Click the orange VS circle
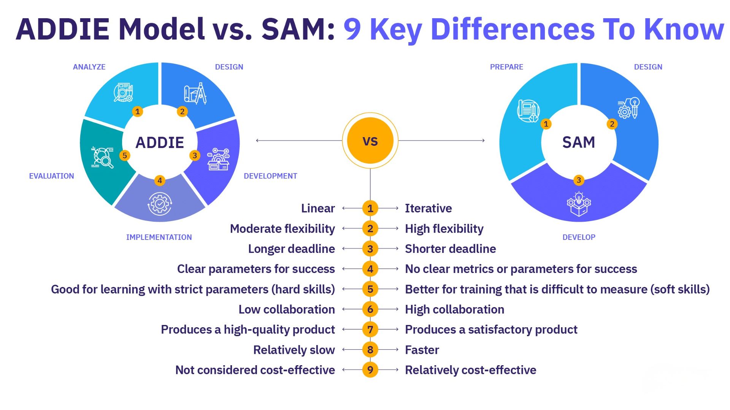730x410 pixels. pyautogui.click(x=370, y=141)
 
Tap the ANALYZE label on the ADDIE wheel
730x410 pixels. pyautogui.click(x=89, y=67)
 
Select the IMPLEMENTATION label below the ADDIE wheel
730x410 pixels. pyautogui.click(x=159, y=237)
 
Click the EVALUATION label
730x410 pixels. pyautogui.click(x=52, y=176)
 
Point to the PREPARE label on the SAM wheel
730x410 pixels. pyautogui.click(x=506, y=67)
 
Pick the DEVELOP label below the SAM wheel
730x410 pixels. pyautogui.click(x=579, y=237)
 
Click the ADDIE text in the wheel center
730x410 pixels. pyautogui.click(x=160, y=143)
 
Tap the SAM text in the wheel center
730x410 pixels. pyautogui.click(x=579, y=142)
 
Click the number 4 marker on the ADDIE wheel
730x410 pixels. pyautogui.click(x=160, y=180)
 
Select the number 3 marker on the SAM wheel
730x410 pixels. pyautogui.click(x=579, y=180)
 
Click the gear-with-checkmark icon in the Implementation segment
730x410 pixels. pyautogui.click(x=160, y=204)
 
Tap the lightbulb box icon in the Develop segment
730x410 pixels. pyautogui.click(x=579, y=204)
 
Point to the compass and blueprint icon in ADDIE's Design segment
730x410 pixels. pyautogui.click(x=195, y=93)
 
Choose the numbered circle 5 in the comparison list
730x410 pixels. pyautogui.click(x=370, y=289)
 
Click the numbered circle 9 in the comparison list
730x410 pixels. pyautogui.click(x=370, y=370)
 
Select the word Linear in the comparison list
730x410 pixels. pyautogui.click(x=318, y=208)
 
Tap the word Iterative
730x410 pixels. pyautogui.click(x=428, y=208)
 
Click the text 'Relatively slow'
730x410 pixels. pyautogui.click(x=294, y=350)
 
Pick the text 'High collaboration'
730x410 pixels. pyautogui.click(x=454, y=309)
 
